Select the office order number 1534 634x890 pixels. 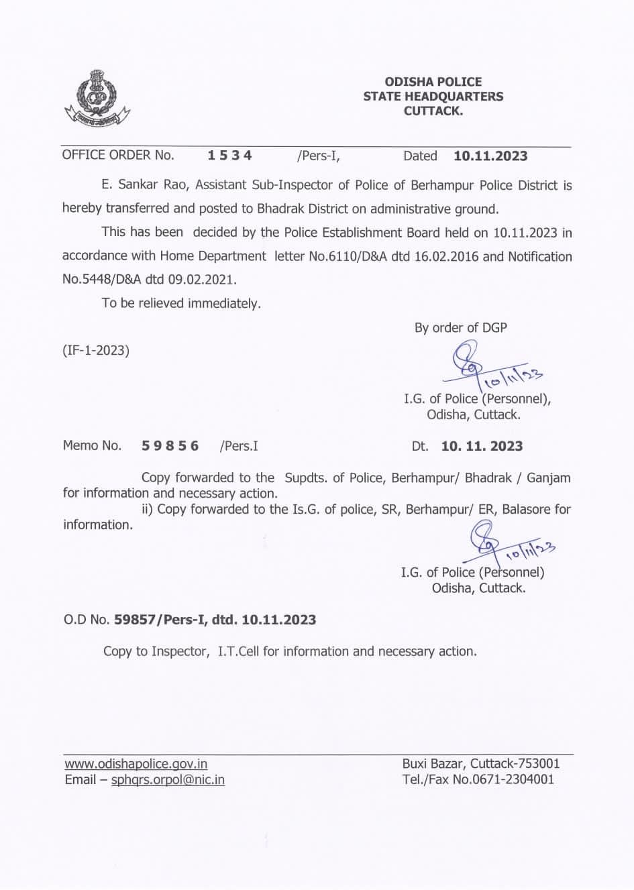pos(229,156)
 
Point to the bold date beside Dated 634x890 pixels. pos(490,156)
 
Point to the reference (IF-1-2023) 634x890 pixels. pos(96,350)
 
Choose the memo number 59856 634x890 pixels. pos(170,446)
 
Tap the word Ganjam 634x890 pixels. pos(548,478)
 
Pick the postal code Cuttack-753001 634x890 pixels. pos(515,764)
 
